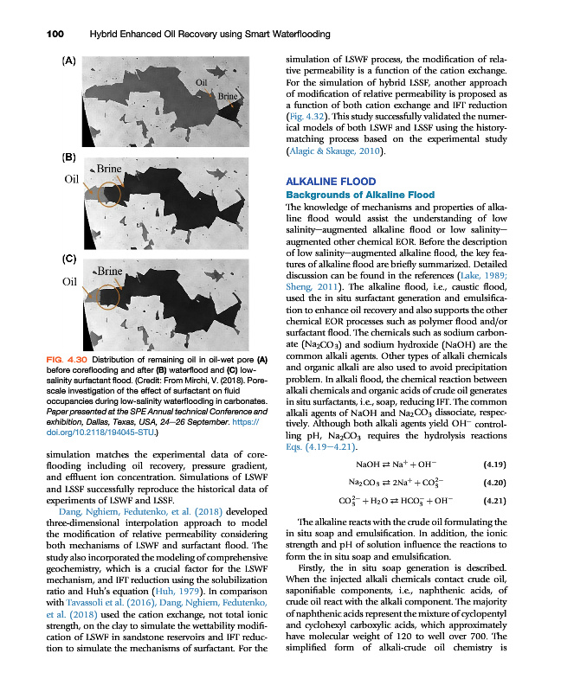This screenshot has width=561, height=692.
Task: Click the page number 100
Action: pos(31,34)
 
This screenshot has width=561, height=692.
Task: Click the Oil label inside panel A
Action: pos(203,82)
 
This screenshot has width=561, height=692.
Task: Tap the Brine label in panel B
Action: pos(111,169)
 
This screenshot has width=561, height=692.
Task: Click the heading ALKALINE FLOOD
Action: pos(331,182)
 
